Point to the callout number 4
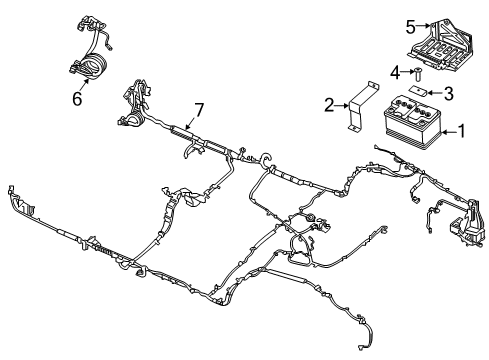pos(394,72)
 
